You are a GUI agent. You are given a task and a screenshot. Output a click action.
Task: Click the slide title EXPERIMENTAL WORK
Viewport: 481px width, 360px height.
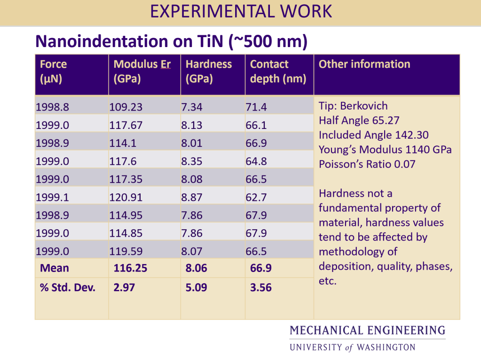[241, 11]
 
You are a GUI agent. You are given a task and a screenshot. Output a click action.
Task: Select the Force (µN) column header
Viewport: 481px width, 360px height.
[53, 71]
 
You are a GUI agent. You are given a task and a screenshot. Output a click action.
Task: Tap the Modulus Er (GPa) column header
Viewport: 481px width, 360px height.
[142, 71]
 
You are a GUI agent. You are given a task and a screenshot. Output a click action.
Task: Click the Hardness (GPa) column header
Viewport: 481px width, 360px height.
[209, 71]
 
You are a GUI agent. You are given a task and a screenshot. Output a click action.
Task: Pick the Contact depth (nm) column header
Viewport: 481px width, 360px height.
[278, 71]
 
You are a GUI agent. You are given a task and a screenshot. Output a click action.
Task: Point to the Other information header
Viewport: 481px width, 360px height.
[364, 64]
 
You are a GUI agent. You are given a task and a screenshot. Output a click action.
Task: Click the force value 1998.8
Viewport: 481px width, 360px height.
[52, 107]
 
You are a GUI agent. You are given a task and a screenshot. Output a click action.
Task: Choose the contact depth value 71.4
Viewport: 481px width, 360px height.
[256, 107]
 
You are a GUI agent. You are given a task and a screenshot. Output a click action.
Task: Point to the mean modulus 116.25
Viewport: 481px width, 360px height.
[130, 268]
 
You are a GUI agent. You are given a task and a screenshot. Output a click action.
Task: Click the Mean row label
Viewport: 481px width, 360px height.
[55, 268]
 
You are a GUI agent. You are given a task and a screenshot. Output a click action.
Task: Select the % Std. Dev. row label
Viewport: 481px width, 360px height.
[68, 288]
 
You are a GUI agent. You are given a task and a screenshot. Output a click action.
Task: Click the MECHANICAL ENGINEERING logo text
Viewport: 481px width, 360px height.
[367, 330]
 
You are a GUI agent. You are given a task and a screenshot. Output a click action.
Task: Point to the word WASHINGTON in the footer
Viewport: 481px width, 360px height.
[386, 348]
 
